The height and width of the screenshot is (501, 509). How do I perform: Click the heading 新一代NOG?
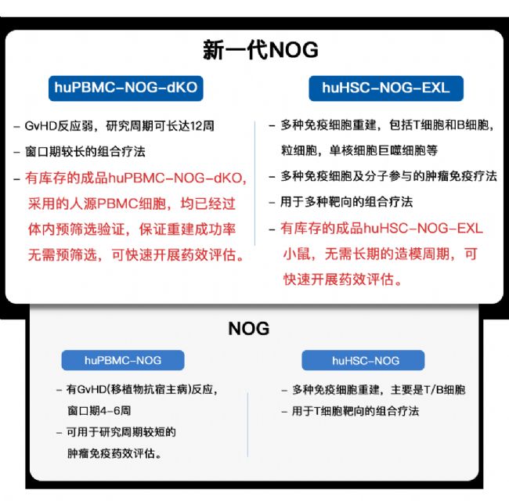(260, 50)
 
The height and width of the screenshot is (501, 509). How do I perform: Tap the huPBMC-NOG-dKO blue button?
(126, 88)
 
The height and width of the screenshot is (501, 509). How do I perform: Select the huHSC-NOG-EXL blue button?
(386, 88)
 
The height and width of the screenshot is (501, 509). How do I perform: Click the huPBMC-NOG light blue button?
(123, 360)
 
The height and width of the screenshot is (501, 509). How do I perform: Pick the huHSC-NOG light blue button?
(363, 360)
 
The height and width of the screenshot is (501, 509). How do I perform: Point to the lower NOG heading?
(249, 328)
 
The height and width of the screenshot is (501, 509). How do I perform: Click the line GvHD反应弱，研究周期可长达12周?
(120, 126)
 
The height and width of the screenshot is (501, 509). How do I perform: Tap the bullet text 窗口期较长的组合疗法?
(85, 152)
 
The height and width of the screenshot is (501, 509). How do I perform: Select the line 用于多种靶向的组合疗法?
(347, 202)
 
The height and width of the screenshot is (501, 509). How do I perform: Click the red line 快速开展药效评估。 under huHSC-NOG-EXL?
(343, 279)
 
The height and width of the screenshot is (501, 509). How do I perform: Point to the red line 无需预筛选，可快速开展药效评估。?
(136, 254)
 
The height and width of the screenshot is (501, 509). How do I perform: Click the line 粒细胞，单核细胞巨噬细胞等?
(359, 150)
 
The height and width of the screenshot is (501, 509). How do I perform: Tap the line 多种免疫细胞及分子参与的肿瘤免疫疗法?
(388, 176)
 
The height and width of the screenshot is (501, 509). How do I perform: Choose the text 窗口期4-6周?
(99, 410)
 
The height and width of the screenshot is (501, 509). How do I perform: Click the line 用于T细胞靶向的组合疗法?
(356, 411)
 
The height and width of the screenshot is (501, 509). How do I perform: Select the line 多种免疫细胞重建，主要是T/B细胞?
(379, 389)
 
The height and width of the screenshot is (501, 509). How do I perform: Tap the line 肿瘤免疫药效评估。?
(114, 453)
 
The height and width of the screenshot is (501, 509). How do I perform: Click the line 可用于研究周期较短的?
(121, 432)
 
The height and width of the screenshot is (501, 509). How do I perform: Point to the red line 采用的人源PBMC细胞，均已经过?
(132, 204)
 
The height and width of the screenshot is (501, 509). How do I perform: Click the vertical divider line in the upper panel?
(254, 183)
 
